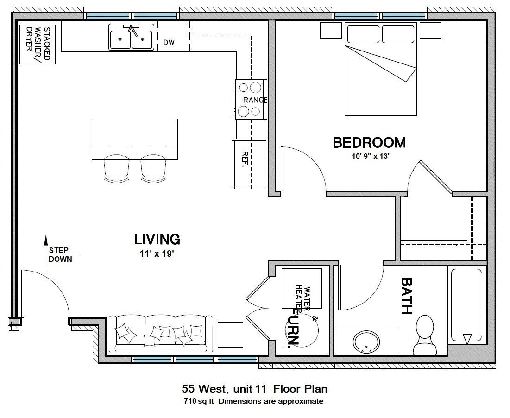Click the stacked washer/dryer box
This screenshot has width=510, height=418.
click(x=38, y=44)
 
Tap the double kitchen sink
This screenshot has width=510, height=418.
click(x=131, y=38)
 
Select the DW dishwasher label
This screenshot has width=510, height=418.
click(x=169, y=44)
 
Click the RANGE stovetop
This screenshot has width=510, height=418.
click(x=250, y=99)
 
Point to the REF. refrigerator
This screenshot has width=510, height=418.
click(x=248, y=164)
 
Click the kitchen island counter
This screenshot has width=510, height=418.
click(x=135, y=139)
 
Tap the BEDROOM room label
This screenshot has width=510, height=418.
click(x=369, y=143)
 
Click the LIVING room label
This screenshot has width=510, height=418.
click(x=157, y=240)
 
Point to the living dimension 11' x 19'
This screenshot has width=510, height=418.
click(x=157, y=253)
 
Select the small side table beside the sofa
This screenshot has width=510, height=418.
click(x=230, y=335)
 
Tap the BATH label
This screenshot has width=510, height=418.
click(x=407, y=296)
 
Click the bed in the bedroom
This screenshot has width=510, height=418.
click(x=381, y=70)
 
